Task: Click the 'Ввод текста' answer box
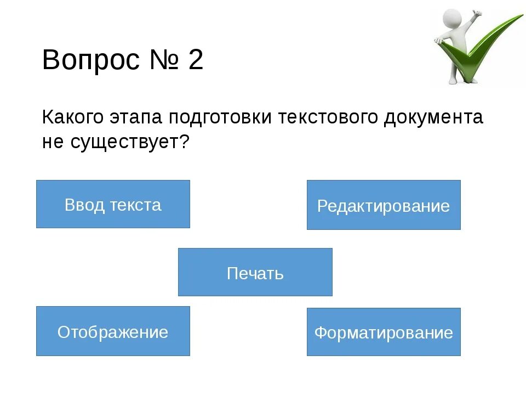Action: (x=113, y=204)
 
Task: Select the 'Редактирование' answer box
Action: (x=384, y=205)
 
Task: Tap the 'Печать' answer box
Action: (x=255, y=272)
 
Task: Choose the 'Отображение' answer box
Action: (x=113, y=331)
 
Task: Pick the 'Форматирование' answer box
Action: (x=384, y=332)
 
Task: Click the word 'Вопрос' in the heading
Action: (x=91, y=60)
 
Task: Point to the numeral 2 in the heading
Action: (x=196, y=60)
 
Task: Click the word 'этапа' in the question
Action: (x=137, y=117)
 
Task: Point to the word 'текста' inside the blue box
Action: (x=135, y=205)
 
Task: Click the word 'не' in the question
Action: (x=53, y=143)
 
